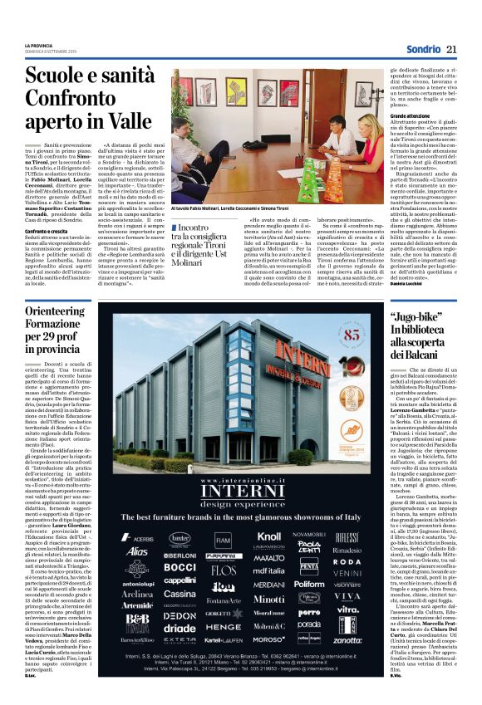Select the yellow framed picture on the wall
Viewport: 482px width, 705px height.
click(248, 86)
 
